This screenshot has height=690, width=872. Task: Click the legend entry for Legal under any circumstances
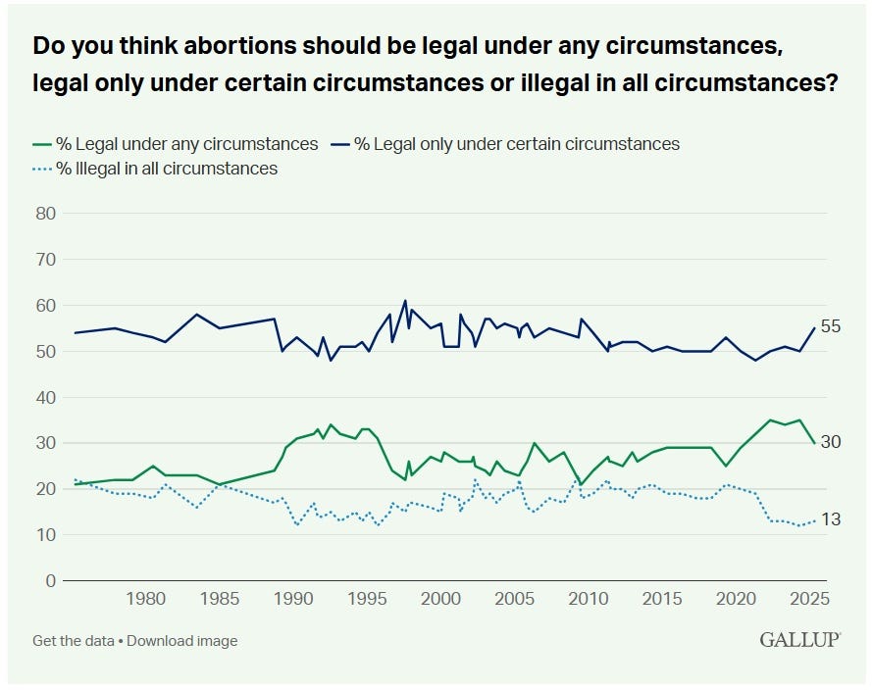[176, 144]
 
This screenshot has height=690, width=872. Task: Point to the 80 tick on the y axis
[46, 214]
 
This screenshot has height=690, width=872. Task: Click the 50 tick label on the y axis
[46, 351]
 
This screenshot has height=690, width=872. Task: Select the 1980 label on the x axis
[145, 599]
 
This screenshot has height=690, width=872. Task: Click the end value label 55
[831, 326]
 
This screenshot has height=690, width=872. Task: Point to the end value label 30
[831, 442]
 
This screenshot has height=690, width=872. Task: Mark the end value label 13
[831, 519]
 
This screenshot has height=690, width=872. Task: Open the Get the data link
[74, 641]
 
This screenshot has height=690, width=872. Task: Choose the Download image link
[182, 641]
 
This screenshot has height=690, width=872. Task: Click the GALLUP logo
[799, 640]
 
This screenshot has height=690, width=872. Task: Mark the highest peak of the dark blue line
[405, 301]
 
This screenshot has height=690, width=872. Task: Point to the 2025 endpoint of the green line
[814, 443]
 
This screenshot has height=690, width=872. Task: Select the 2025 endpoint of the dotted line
[814, 520]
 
